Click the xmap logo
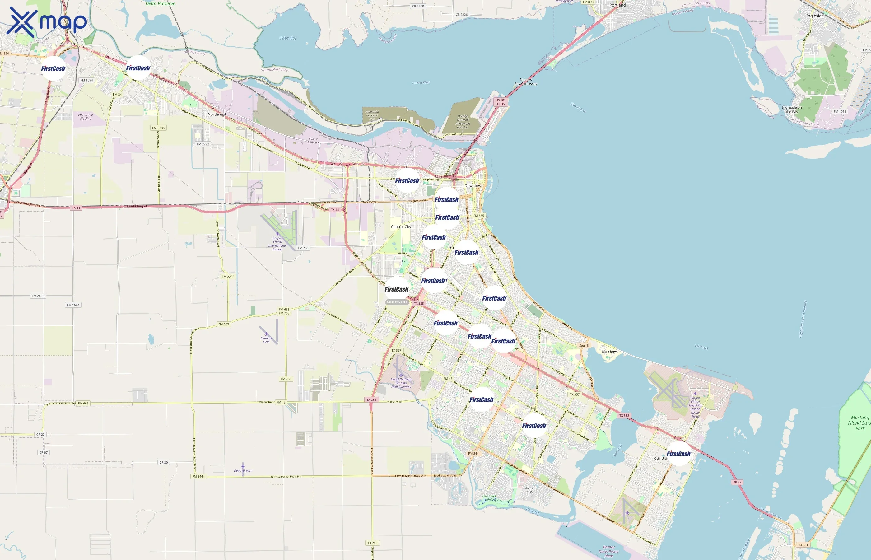tap(47, 21)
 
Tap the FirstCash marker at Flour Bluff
tap(678, 454)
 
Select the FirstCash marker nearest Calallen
tap(53, 68)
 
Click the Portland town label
tap(617, 5)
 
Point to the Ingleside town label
tap(815, 16)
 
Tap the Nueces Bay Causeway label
tap(526, 82)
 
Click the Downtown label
tap(474, 186)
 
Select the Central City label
tap(401, 226)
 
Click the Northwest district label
tap(217, 114)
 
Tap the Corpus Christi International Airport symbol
tap(277, 234)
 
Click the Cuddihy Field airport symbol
tap(266, 334)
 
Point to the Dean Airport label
tap(243, 470)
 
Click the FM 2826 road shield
tap(38, 296)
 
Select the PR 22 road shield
tap(737, 482)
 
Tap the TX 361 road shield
tap(803, 545)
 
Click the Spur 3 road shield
tap(584, 345)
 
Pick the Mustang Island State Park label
tap(859, 423)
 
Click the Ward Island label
tap(610, 352)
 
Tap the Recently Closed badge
tap(397, 302)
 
